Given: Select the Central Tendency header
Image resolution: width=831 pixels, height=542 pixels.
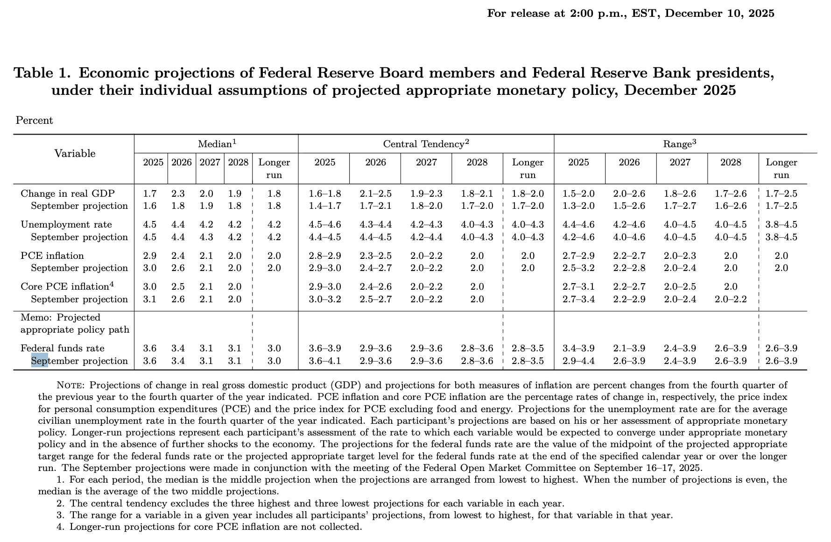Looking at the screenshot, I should (426, 144).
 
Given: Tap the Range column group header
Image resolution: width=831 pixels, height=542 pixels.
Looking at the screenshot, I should (679, 144).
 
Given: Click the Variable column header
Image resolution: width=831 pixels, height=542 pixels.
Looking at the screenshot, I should (75, 154).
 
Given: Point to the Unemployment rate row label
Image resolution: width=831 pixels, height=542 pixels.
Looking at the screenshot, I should (66, 225).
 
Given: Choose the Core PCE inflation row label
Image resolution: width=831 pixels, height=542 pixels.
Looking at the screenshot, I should (67, 287).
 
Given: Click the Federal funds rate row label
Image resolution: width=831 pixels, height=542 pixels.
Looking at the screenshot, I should (63, 349).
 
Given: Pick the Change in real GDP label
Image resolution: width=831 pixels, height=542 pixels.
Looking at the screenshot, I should (68, 194).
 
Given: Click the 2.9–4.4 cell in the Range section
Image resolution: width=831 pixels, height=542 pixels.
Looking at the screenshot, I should (578, 361).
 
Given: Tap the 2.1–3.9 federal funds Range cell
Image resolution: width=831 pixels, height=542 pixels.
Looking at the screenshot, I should (629, 349).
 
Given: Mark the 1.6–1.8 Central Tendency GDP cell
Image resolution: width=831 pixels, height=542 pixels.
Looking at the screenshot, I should (325, 194).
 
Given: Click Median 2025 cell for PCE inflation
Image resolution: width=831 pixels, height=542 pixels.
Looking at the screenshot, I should (150, 256).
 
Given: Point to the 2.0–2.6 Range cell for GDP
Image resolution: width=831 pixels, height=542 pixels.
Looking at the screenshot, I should (629, 194).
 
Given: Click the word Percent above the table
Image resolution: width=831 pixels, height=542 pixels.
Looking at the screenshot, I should (35, 121).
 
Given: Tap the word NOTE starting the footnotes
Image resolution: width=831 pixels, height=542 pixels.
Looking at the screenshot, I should (70, 385).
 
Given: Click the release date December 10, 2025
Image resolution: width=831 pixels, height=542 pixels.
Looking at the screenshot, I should (719, 13).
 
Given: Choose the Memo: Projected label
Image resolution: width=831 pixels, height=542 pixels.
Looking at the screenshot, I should (61, 318).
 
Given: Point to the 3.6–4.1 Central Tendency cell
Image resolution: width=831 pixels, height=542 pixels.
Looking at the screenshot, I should (325, 361).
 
